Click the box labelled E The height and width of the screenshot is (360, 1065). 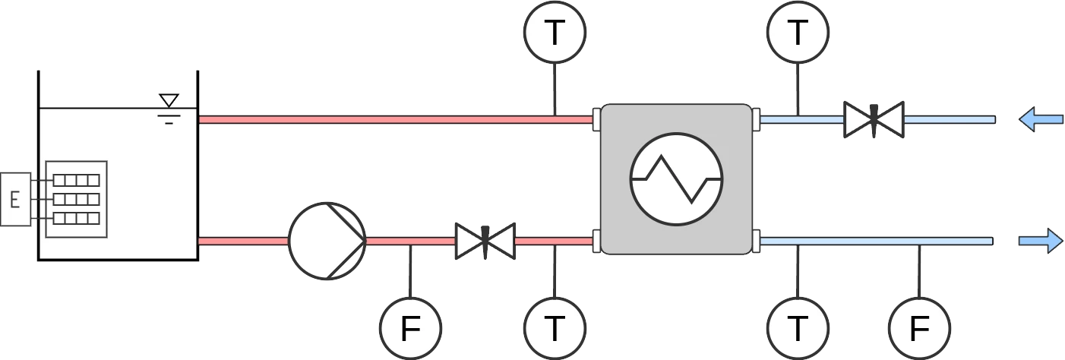(x=14, y=200)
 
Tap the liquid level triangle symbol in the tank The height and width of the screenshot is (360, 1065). (x=169, y=100)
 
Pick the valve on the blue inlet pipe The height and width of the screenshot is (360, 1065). (x=874, y=119)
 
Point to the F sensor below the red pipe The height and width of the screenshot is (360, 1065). (x=410, y=329)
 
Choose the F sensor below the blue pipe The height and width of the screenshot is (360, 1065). (x=919, y=329)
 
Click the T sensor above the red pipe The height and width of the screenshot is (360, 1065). (x=555, y=33)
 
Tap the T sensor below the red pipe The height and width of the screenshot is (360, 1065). (x=555, y=329)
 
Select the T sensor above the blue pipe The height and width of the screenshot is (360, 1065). (x=798, y=33)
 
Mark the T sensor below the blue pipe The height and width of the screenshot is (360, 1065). (x=798, y=329)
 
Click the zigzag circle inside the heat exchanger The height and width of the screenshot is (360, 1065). (x=676, y=179)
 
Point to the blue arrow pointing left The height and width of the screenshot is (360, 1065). (x=1041, y=119)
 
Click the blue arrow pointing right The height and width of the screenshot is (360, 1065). (x=1041, y=241)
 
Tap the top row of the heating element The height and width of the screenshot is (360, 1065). (x=77, y=180)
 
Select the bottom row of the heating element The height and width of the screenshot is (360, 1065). (x=77, y=218)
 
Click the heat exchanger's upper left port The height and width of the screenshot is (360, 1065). (x=596, y=119)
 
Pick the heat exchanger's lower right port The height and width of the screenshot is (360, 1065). (x=756, y=241)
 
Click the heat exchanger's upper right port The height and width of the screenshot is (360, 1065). (x=756, y=119)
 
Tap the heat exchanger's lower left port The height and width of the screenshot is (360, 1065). (x=596, y=241)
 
